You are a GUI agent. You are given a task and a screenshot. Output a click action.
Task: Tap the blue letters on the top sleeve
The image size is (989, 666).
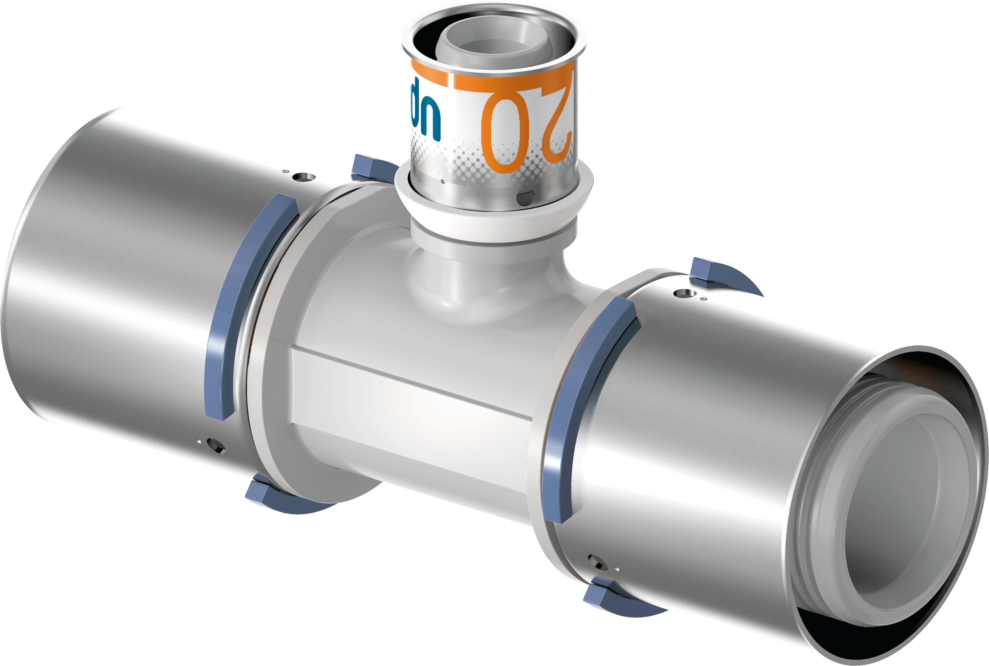(x=425, y=111)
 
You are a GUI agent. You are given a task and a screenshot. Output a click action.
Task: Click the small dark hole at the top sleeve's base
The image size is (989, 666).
(x=526, y=197)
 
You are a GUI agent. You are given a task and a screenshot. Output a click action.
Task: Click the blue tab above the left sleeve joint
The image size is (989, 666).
(x=370, y=168)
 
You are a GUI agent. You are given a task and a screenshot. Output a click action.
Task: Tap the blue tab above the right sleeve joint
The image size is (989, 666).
(x=718, y=274)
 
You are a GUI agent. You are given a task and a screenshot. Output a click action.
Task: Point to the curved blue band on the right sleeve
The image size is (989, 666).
(x=582, y=408)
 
